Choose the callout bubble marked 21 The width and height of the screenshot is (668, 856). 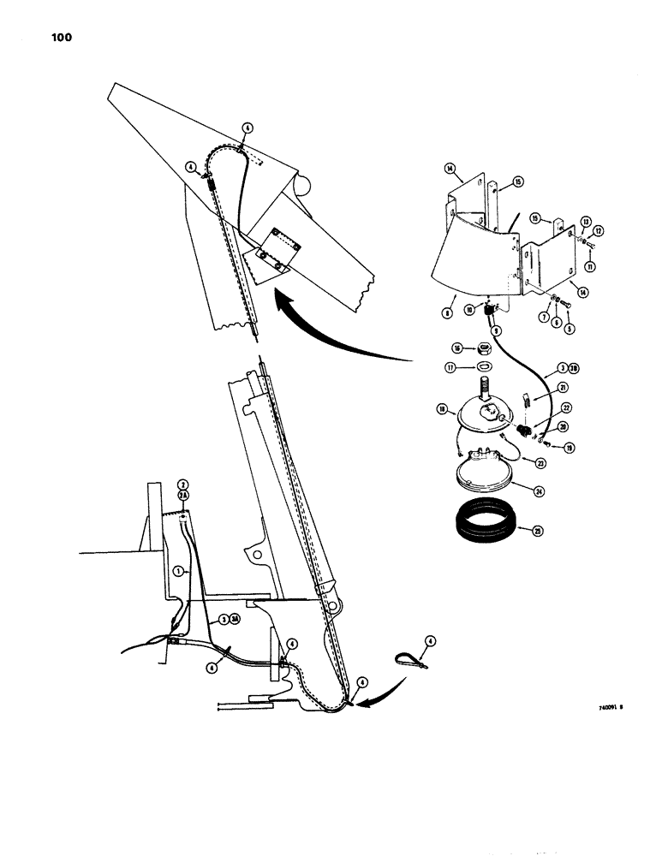(539, 387)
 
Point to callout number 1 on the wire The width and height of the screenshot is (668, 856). (176, 570)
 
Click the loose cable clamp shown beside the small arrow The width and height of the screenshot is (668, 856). (415, 659)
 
